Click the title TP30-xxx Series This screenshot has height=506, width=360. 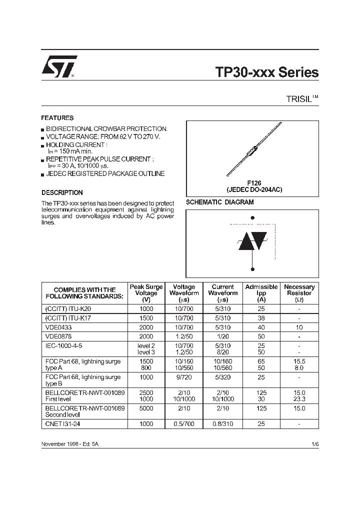[x=266, y=72]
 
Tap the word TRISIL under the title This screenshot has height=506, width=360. [x=298, y=99]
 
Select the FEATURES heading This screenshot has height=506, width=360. [x=57, y=118]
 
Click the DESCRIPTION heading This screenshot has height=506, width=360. [x=62, y=192]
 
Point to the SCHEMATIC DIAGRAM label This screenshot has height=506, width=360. [x=219, y=202]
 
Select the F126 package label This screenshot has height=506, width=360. [x=254, y=183]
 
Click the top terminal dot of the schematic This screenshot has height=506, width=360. [x=252, y=217]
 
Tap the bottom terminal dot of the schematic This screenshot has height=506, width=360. [x=252, y=269]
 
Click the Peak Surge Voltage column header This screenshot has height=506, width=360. [x=146, y=293]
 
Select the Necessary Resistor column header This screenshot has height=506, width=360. [x=299, y=293]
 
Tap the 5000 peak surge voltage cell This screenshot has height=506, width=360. [x=146, y=408]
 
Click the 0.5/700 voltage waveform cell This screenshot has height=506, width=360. [x=184, y=423]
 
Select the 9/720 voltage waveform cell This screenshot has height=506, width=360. [x=184, y=377]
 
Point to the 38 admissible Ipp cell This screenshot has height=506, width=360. [x=261, y=318]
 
